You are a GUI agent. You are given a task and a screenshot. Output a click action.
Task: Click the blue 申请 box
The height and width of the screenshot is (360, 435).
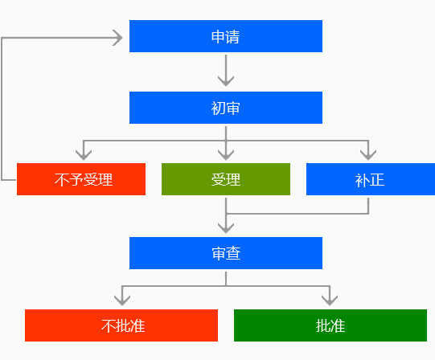click(x=226, y=36)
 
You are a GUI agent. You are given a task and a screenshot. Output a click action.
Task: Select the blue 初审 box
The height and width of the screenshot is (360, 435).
click(x=226, y=108)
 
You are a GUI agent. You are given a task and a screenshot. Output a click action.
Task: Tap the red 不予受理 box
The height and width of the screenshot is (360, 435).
click(x=81, y=179)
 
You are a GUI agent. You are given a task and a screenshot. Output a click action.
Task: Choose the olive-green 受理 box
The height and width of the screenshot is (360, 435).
click(x=226, y=179)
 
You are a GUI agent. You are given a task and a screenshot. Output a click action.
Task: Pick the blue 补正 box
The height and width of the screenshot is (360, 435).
click(x=371, y=179)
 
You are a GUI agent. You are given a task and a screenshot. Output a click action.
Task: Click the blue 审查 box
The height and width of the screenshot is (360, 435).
click(x=226, y=253)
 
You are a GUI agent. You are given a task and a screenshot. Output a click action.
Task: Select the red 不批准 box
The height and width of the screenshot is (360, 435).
click(x=121, y=325)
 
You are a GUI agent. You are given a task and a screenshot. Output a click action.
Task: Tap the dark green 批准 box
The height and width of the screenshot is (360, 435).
click(x=330, y=325)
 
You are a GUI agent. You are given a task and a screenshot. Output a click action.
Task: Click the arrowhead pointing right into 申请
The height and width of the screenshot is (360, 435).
click(x=117, y=38)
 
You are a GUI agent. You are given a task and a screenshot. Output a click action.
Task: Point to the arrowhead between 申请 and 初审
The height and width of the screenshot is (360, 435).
click(x=226, y=81)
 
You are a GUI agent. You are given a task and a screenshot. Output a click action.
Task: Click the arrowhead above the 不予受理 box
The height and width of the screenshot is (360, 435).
click(x=84, y=155)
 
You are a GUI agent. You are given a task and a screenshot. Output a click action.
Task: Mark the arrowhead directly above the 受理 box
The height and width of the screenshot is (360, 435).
click(x=226, y=155)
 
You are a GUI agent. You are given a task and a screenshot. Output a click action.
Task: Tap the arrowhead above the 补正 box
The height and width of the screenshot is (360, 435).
click(x=368, y=155)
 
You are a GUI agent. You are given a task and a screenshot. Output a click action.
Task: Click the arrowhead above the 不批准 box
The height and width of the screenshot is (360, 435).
click(x=122, y=301)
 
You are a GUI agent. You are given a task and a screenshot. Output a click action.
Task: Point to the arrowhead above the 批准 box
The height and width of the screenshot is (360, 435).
click(x=330, y=301)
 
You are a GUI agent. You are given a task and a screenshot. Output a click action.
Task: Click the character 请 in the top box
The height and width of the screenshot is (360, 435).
click(x=232, y=37)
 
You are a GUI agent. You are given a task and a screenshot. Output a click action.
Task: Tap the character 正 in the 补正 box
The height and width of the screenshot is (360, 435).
click(x=377, y=180)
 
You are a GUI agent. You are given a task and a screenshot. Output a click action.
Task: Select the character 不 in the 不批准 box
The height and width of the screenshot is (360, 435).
click(x=109, y=326)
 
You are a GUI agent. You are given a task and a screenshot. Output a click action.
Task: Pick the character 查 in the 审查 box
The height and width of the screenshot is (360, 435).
click(x=233, y=254)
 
